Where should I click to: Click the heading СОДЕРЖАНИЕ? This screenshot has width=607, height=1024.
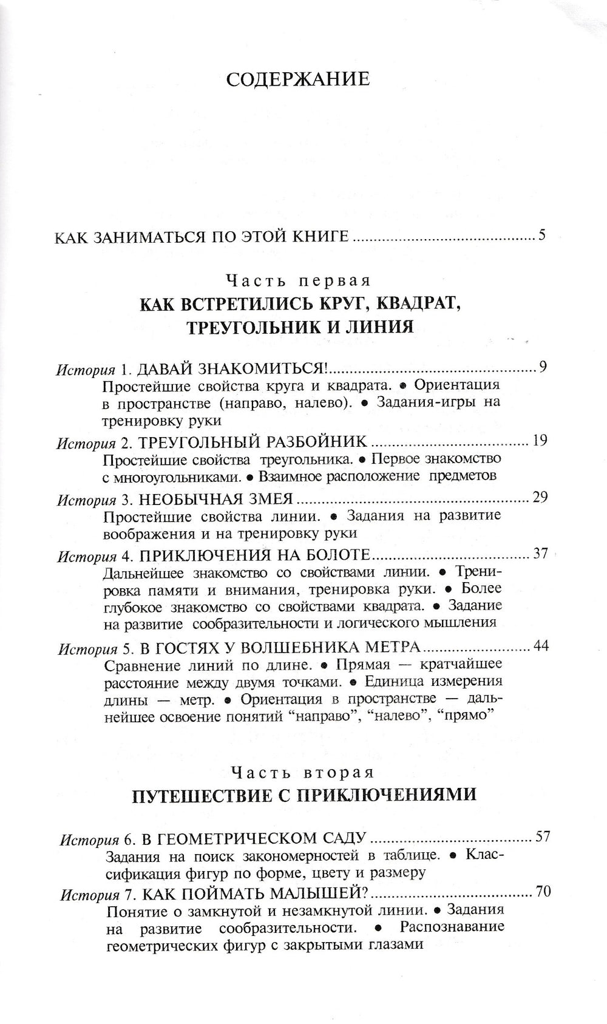pyautogui.click(x=297, y=80)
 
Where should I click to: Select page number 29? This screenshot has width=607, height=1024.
pyautogui.click(x=540, y=498)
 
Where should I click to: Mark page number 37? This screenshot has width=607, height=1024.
pyautogui.click(x=540, y=554)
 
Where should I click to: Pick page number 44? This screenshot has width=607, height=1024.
pyautogui.click(x=540, y=646)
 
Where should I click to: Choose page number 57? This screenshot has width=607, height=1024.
pyautogui.click(x=541, y=837)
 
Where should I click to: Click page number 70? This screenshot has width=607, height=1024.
pyautogui.click(x=541, y=892)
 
